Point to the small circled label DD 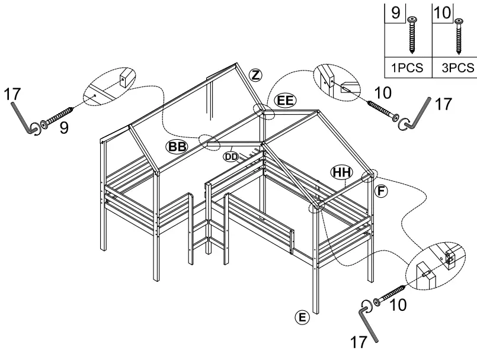(x=231, y=157)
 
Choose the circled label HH (x=341, y=172)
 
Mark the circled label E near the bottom (x=302, y=317)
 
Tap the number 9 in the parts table (x=395, y=12)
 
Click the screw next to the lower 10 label (x=390, y=296)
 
